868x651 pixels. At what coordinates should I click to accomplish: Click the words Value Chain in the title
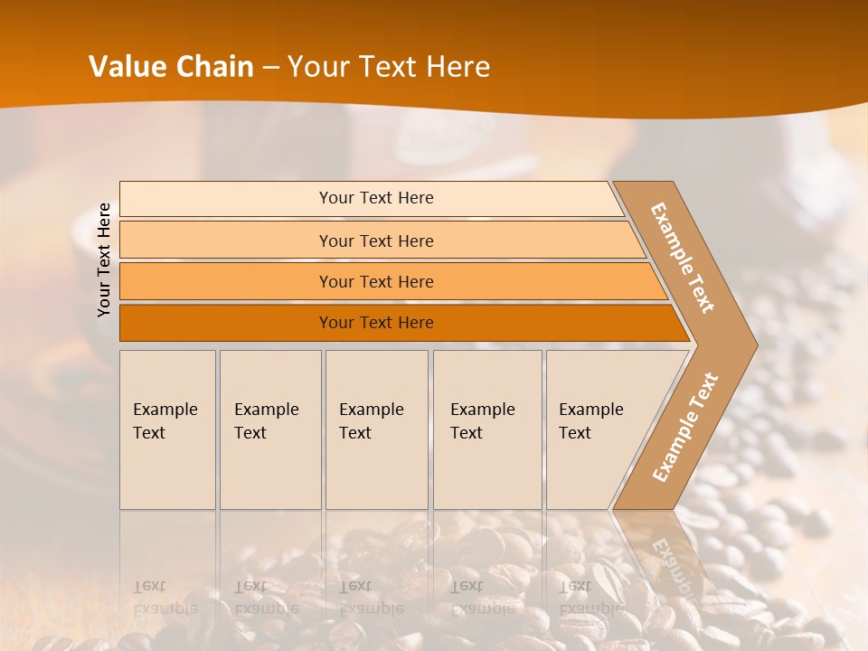(x=171, y=66)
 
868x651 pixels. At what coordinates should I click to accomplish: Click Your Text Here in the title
(x=389, y=66)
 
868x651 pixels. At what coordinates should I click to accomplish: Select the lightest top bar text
(x=376, y=198)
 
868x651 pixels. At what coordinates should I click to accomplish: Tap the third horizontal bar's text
(x=376, y=282)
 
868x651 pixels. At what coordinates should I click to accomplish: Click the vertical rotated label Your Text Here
(x=104, y=259)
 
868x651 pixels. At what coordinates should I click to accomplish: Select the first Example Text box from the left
(x=167, y=429)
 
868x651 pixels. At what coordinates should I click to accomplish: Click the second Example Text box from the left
(x=269, y=429)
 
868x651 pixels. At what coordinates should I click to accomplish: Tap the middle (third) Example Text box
(x=375, y=429)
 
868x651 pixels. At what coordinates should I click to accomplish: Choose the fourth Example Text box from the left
(x=486, y=429)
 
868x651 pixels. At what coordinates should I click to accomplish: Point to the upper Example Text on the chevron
(x=683, y=259)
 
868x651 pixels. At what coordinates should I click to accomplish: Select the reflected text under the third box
(x=371, y=598)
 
